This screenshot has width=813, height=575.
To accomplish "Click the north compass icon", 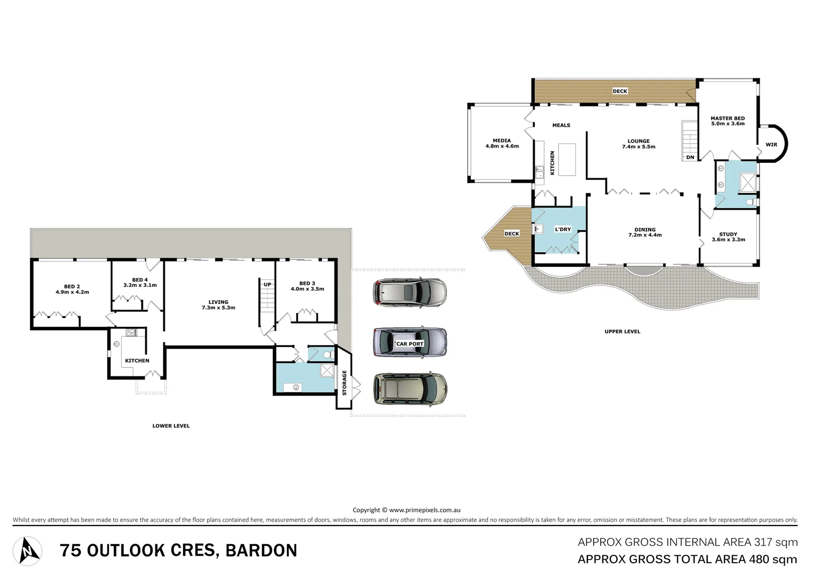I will [28, 551].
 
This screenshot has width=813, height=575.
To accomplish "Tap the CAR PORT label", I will [410, 344].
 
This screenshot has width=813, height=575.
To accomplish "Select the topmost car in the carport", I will [410, 292].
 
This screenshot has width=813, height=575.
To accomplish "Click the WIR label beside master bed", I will [771, 145].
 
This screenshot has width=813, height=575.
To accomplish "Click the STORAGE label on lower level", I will [344, 383].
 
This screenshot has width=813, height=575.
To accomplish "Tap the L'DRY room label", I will [562, 229].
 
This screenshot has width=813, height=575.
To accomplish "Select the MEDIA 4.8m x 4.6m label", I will [502, 143].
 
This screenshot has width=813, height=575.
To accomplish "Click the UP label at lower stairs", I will [267, 284].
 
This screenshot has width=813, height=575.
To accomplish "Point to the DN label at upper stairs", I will [690, 158].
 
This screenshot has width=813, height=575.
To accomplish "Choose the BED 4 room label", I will [140, 282].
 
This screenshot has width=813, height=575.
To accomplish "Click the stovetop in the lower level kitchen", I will [131, 333].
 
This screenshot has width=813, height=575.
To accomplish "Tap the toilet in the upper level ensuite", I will [750, 202].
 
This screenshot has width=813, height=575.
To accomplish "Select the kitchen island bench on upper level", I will [567, 159].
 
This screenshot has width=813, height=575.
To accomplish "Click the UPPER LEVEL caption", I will [622, 332].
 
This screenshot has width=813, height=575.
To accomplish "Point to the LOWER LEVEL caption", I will [171, 426].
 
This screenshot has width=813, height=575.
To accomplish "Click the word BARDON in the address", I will [261, 551].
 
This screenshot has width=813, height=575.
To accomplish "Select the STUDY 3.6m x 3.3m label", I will [728, 237].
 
